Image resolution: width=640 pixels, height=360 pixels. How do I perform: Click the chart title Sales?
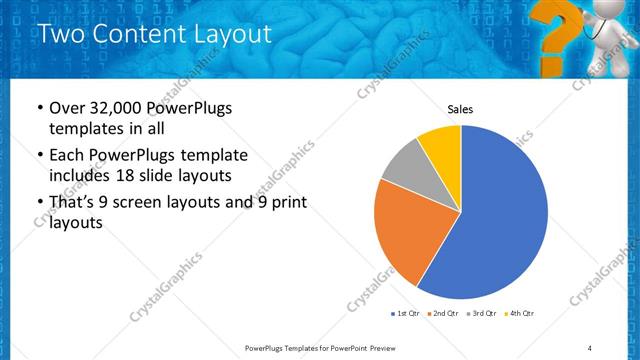pos(460,110)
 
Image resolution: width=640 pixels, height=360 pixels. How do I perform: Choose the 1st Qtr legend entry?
pos(409,314)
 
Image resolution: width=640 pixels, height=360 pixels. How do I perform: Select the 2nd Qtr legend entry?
pos(444,314)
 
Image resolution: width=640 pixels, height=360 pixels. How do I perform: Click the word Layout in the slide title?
pos(231,34)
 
